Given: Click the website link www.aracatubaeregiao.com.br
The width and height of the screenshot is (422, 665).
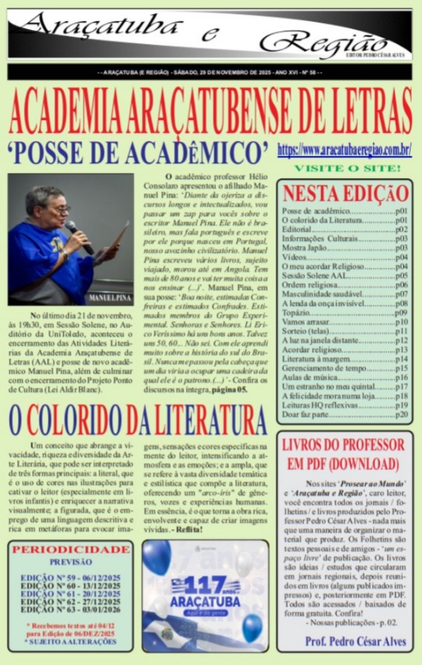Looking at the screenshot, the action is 344,150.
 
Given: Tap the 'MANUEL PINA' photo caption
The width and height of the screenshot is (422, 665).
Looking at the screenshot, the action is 109,298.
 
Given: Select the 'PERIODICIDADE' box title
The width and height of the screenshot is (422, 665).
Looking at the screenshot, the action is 72,549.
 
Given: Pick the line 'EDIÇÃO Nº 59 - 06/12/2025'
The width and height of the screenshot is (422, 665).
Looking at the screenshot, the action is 71,578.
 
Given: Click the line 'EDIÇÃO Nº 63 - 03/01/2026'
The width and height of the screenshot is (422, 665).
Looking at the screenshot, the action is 71,609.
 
